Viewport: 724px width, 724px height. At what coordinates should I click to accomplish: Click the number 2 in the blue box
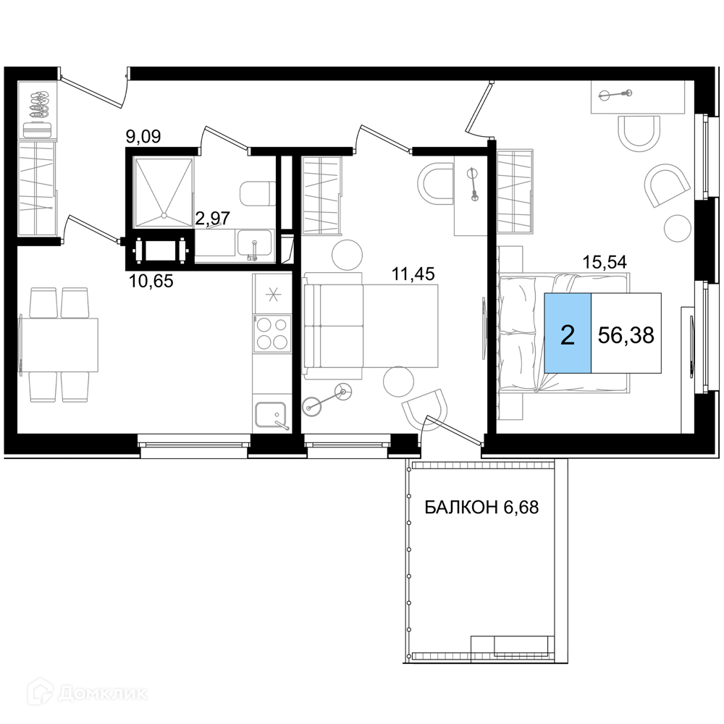568,334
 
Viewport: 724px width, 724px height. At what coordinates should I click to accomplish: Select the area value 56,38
626,334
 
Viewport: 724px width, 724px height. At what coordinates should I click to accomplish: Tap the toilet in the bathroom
256,193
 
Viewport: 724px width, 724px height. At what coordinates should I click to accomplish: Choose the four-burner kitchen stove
272,333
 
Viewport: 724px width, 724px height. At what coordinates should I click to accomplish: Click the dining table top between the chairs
59,345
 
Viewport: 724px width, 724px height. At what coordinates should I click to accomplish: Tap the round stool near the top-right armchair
678,228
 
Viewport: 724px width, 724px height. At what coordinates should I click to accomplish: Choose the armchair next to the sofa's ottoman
426,410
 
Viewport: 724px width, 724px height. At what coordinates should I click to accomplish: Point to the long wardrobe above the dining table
38,159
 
